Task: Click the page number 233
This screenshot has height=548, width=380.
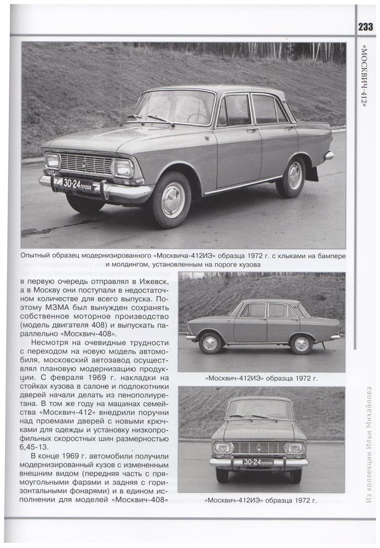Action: (366, 27)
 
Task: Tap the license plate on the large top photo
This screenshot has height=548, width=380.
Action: (77, 184)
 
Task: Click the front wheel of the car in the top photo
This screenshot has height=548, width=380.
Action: (172, 199)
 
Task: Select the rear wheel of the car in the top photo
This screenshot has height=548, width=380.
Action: (293, 176)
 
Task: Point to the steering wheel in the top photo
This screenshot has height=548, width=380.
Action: (197, 116)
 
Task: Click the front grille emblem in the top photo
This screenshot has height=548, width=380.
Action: (84, 163)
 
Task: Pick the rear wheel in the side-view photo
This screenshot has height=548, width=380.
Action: (301, 344)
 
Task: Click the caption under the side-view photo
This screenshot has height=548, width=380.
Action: (261, 378)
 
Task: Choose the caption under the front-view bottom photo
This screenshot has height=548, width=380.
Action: (261, 499)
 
